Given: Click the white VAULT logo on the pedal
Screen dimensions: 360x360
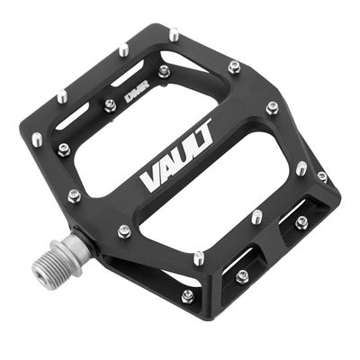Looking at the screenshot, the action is tap(177, 156).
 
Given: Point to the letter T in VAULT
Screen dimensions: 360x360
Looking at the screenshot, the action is tap(204, 130).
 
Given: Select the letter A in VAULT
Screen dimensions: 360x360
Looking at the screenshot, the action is tap(168, 166).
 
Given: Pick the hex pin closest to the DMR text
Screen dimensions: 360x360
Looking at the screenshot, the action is tap(110, 105).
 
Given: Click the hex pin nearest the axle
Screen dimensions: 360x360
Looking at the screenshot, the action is tap(124, 231).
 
